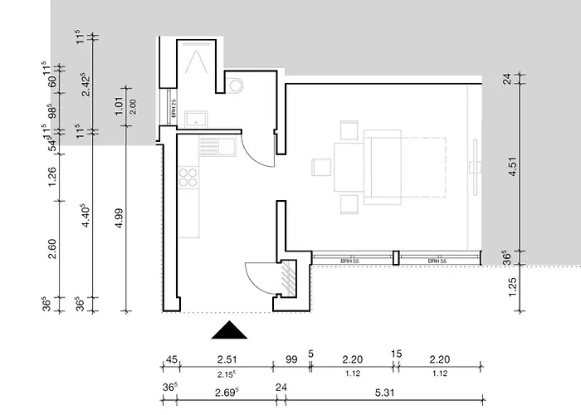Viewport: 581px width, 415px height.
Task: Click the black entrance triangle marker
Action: (x=230, y=330)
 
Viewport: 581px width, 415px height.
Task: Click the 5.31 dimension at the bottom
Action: (x=383, y=388)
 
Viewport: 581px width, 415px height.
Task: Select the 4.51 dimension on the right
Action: (x=513, y=168)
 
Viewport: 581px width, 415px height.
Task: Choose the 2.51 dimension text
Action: (x=226, y=359)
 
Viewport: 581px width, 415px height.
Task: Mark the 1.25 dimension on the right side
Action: (x=513, y=288)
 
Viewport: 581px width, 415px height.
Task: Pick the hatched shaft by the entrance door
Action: (x=288, y=276)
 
